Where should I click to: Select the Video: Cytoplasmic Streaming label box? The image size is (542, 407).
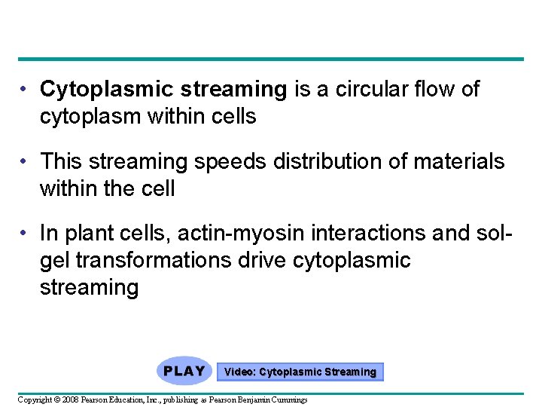[x=300, y=372]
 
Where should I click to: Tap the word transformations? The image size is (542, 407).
[x=160, y=261]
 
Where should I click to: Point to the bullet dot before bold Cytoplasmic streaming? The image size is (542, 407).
[x=25, y=90]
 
